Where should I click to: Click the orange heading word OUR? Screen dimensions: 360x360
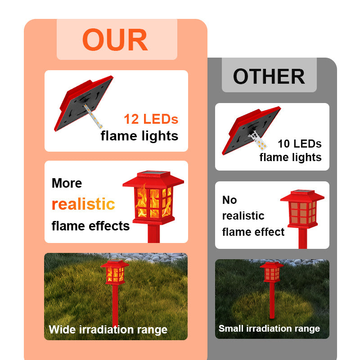point(115,40)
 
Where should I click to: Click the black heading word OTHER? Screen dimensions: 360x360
point(269,76)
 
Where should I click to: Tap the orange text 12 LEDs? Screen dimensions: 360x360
point(151,119)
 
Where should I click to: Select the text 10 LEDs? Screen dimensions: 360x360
point(300,144)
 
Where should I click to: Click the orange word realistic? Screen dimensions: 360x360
point(83,204)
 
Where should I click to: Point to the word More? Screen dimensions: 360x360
point(67,183)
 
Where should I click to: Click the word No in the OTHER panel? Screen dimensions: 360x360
point(229,200)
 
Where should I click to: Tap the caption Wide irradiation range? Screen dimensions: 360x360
point(108,330)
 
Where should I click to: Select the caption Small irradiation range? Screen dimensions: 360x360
point(269,328)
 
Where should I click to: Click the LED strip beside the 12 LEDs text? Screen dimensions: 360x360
point(93,116)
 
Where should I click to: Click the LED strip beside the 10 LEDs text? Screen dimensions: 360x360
point(258,140)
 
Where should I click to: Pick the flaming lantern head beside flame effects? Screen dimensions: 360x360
point(153,198)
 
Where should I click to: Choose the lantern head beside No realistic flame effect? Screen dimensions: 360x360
point(302,209)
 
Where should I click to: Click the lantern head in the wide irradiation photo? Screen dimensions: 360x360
point(115,272)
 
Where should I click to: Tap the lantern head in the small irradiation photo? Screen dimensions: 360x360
point(272,273)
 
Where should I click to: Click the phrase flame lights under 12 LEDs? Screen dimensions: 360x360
point(139,136)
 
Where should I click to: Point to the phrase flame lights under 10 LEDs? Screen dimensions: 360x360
point(290,157)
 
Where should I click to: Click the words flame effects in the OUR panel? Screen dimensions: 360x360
point(91,226)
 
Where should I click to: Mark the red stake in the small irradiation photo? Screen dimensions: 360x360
point(272,301)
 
